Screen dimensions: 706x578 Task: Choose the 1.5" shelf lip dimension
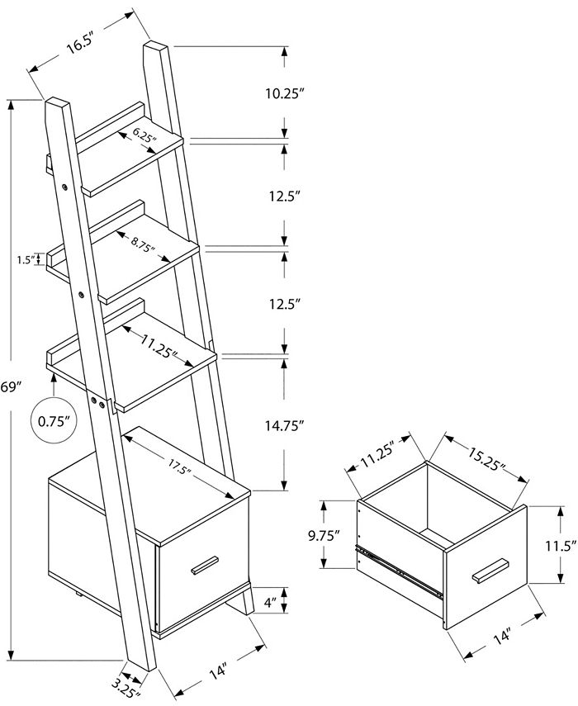click(x=26, y=259)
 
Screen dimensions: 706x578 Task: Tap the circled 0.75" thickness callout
click(x=53, y=420)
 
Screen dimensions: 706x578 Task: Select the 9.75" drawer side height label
click(x=324, y=535)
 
